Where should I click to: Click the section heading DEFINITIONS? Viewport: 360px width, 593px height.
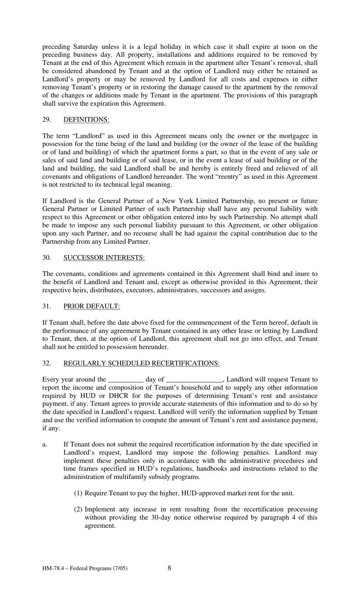86,119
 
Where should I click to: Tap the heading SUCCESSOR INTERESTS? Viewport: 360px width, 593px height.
104,257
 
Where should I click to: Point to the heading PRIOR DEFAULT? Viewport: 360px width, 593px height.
91,306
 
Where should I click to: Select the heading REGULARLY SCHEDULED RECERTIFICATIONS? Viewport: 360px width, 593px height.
141,363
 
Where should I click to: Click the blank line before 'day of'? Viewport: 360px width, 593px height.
126,380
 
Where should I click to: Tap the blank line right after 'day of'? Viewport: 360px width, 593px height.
194,380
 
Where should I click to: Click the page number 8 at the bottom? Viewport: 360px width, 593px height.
169,568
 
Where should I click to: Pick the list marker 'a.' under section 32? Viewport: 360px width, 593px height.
45,444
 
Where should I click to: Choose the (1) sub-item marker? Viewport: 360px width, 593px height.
78,493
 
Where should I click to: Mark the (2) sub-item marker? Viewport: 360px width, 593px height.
78,509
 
